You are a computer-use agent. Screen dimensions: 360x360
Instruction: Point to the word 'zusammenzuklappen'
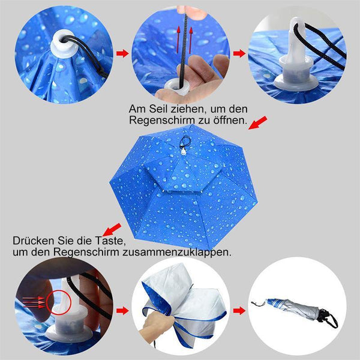(176, 252)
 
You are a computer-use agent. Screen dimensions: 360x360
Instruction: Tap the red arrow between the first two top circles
(122, 53)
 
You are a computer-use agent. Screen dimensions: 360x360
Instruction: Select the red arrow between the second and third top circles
(239, 53)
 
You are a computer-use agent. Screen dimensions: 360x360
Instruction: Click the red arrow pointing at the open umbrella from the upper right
(258, 123)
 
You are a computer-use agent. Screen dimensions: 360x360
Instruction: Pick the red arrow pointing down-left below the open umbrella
(112, 230)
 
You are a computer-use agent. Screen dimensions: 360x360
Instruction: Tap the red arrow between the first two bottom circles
(122, 311)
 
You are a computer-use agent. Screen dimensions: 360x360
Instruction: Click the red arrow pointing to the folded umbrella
(239, 311)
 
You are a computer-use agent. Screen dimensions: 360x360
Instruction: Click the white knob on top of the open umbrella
(183, 152)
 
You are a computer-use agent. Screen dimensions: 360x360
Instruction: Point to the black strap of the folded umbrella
(329, 317)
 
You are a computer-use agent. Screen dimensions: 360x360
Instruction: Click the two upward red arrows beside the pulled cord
(184, 40)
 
